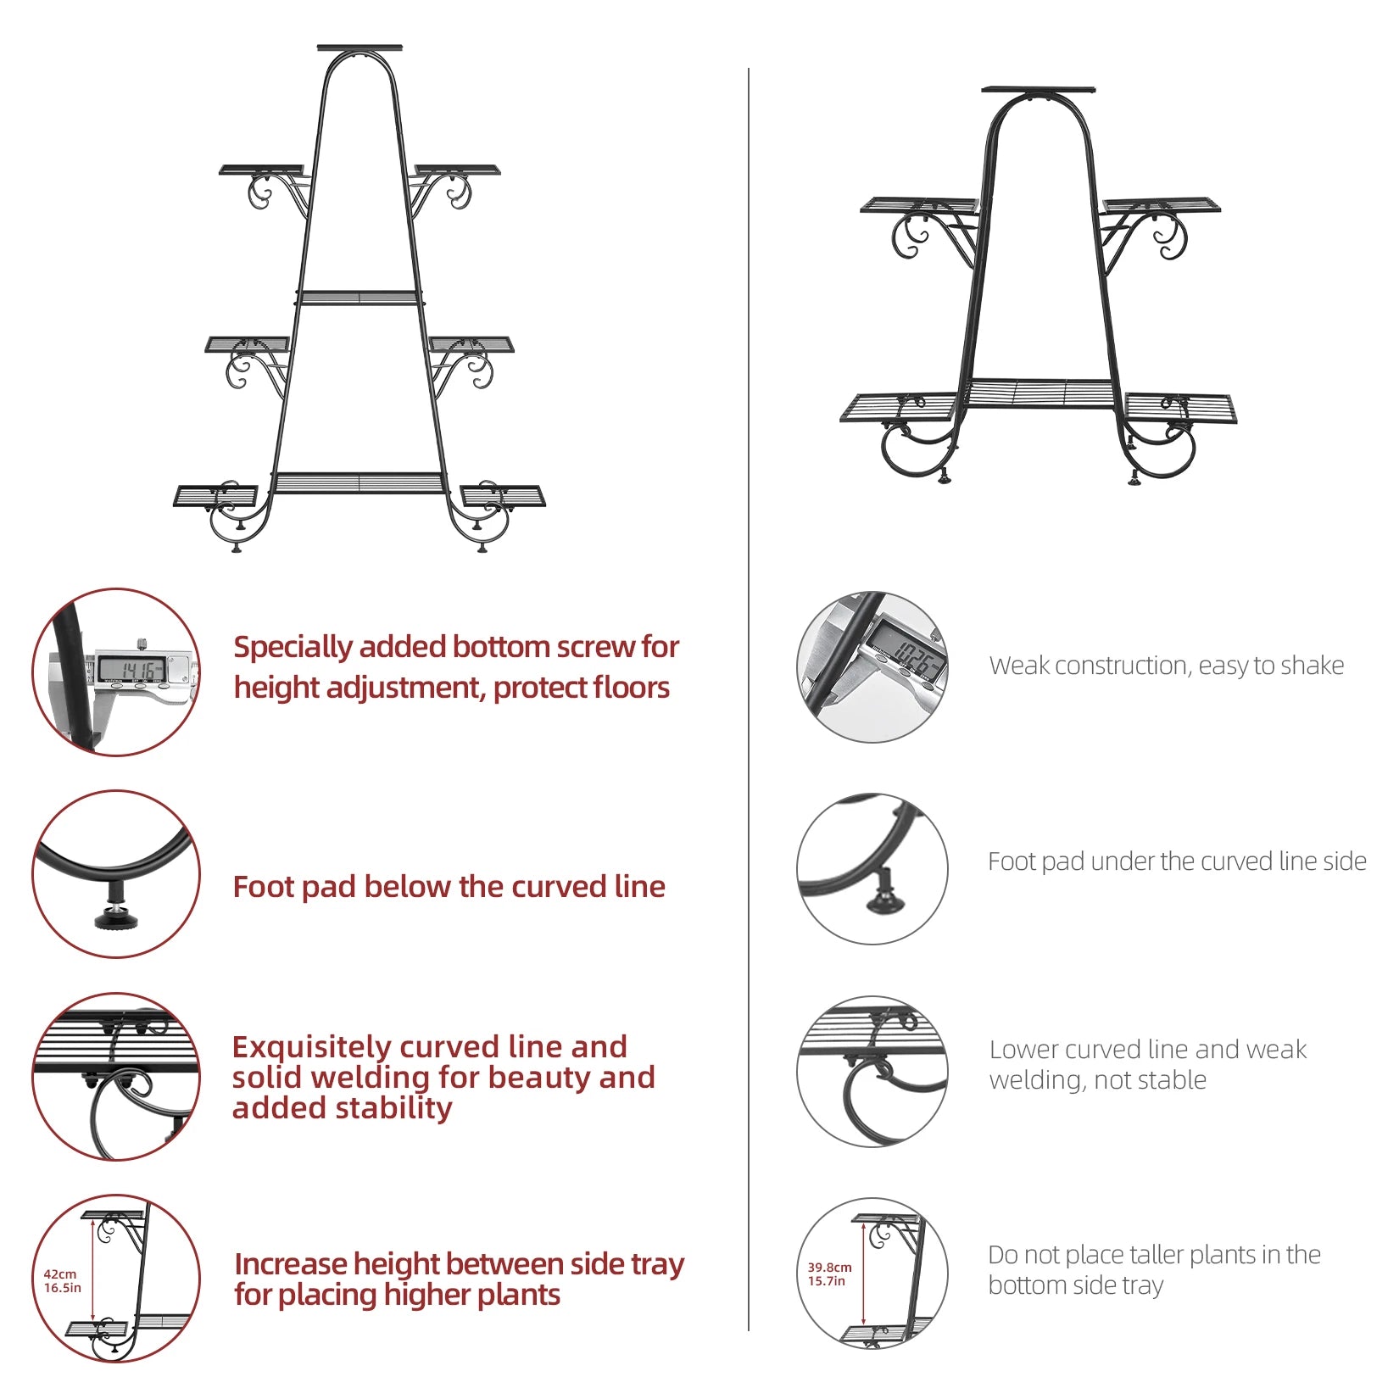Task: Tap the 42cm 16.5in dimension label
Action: point(62,1280)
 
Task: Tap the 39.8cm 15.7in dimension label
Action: point(828,1274)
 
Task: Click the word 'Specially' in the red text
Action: point(293,647)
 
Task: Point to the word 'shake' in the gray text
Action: point(1312,666)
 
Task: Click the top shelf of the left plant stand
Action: point(360,48)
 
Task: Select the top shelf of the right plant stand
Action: point(1038,89)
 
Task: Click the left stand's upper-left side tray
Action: point(261,170)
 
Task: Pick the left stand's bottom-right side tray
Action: point(503,494)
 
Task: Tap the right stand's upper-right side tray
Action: point(1161,205)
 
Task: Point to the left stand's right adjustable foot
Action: point(482,547)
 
